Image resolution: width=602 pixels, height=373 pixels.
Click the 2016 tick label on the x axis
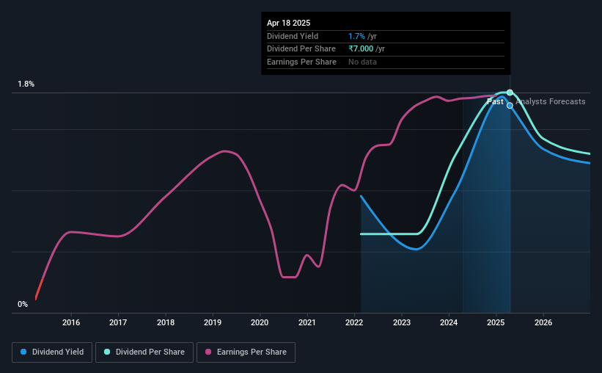point(71,322)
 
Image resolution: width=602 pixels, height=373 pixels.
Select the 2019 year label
point(213,322)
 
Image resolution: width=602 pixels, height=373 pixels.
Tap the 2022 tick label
point(354,322)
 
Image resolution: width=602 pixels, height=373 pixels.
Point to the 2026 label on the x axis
point(543,322)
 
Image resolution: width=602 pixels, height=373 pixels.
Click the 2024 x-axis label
point(449,322)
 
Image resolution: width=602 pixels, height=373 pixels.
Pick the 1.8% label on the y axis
point(26,84)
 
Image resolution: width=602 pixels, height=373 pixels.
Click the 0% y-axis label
point(23,304)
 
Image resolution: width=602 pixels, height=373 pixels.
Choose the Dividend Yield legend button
point(52,352)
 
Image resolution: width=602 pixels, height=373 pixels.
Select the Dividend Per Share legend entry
point(144,352)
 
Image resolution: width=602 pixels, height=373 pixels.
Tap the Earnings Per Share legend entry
point(246,352)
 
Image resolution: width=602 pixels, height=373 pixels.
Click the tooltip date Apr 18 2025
point(288,23)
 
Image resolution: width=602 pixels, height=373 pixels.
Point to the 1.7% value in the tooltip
point(356,36)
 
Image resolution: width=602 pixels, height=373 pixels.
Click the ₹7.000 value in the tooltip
point(361,49)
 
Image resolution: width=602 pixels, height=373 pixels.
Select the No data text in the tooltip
point(362,62)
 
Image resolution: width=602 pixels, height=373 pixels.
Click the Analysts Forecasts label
point(550,101)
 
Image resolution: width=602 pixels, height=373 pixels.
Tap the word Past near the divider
point(495,101)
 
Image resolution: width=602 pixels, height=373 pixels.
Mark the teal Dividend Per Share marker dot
point(510,93)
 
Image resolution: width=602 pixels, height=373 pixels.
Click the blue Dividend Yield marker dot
point(510,105)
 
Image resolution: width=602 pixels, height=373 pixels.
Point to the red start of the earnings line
point(39,289)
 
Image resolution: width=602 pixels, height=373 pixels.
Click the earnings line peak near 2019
point(224,151)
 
